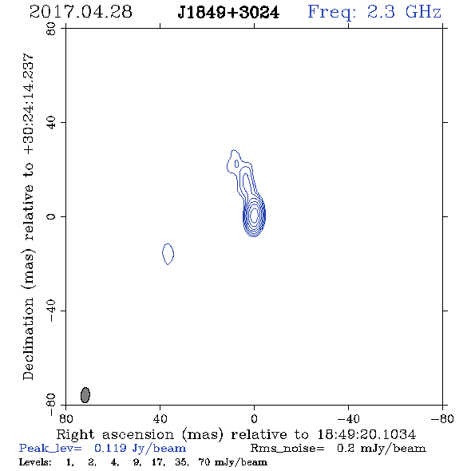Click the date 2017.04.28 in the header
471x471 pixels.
[81, 12]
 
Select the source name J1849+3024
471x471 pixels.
[228, 13]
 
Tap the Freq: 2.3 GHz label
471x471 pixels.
[374, 13]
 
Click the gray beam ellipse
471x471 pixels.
[85, 395]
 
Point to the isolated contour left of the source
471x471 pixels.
[168, 254]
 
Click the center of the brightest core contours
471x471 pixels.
[254, 215]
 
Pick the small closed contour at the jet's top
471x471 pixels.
[237, 164]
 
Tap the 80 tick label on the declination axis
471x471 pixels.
[51, 29]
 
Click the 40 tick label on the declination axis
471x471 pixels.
[51, 123]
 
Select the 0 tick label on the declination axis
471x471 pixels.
[51, 216]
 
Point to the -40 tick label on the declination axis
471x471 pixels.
[51, 311]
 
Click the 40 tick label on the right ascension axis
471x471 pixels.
[160, 418]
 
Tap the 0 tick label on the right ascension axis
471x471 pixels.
[254, 418]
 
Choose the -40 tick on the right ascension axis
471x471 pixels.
[348, 418]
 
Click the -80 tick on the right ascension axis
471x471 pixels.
[442, 418]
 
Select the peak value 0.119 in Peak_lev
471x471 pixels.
[110, 448]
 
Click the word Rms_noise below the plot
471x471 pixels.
[287, 449]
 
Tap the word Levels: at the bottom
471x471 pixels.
[35, 462]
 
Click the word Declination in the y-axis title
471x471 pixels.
[28, 339]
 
